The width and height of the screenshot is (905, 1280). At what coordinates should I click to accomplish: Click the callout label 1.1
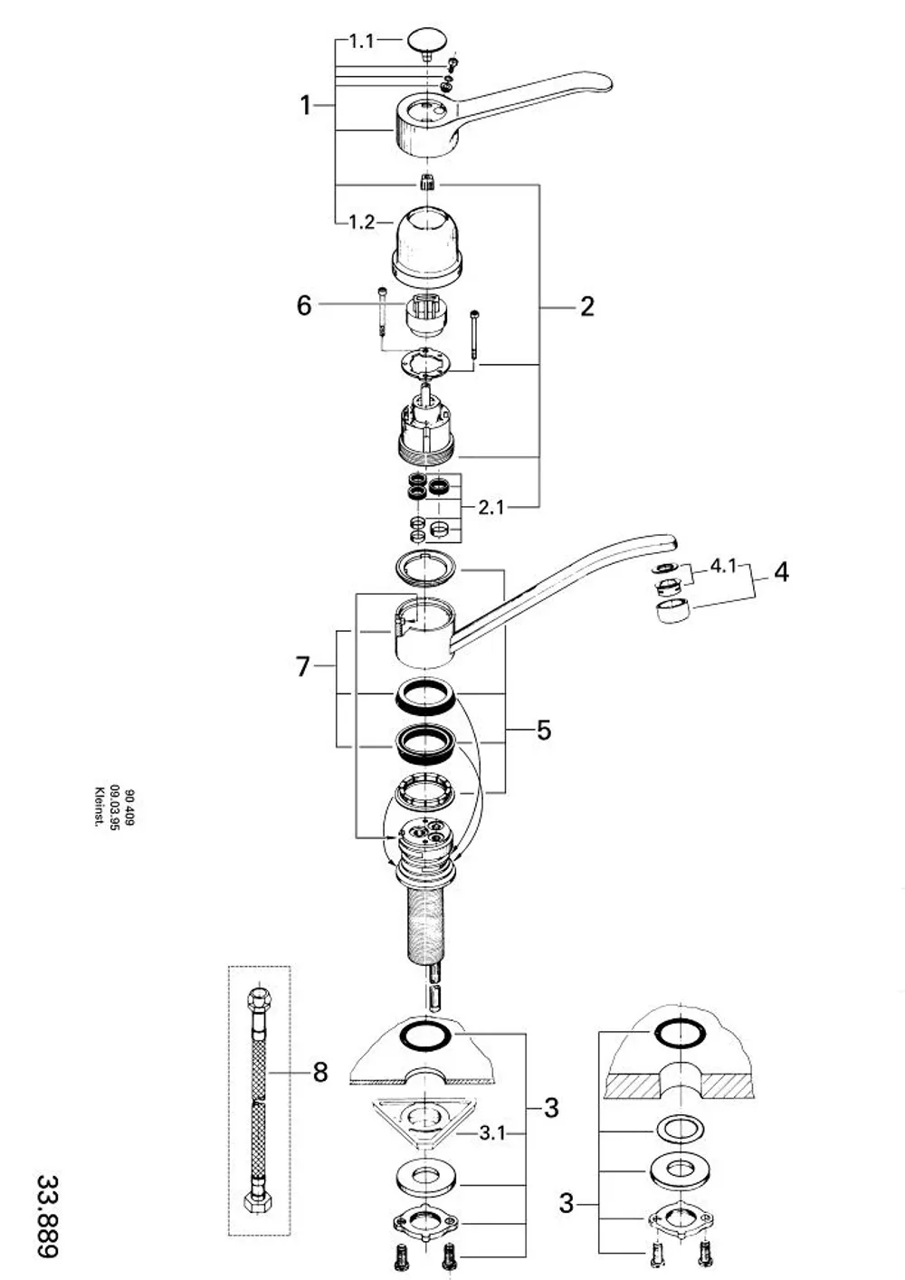coord(361,41)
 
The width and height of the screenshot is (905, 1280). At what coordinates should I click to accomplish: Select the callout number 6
coord(304,305)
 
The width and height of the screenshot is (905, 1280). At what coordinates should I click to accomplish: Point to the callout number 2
coord(586,307)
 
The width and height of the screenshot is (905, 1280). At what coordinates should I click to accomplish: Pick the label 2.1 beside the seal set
coord(491,507)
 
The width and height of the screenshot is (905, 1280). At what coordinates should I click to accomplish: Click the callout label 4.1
coord(723,566)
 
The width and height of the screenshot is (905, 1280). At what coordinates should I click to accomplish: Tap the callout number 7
coord(303,666)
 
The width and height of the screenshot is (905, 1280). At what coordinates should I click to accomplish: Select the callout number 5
coord(543,730)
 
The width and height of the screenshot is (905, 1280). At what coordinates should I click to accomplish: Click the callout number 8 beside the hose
coord(320,1072)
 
